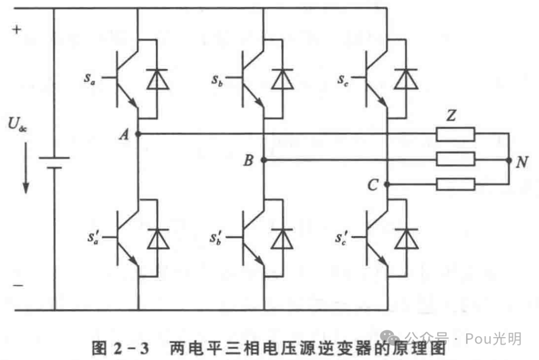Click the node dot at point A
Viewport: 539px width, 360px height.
(138, 134)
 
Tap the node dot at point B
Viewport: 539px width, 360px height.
(263, 160)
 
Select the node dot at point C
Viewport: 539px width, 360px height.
(387, 184)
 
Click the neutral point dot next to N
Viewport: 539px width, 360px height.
(509, 160)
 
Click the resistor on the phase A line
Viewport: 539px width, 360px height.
(455, 134)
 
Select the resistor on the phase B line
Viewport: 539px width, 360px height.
(455, 160)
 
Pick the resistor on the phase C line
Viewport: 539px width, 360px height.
(455, 184)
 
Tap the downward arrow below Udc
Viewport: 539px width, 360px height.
(25, 180)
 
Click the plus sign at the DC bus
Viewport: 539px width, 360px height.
(17, 29)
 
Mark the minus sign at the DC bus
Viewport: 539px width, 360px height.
(17, 286)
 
